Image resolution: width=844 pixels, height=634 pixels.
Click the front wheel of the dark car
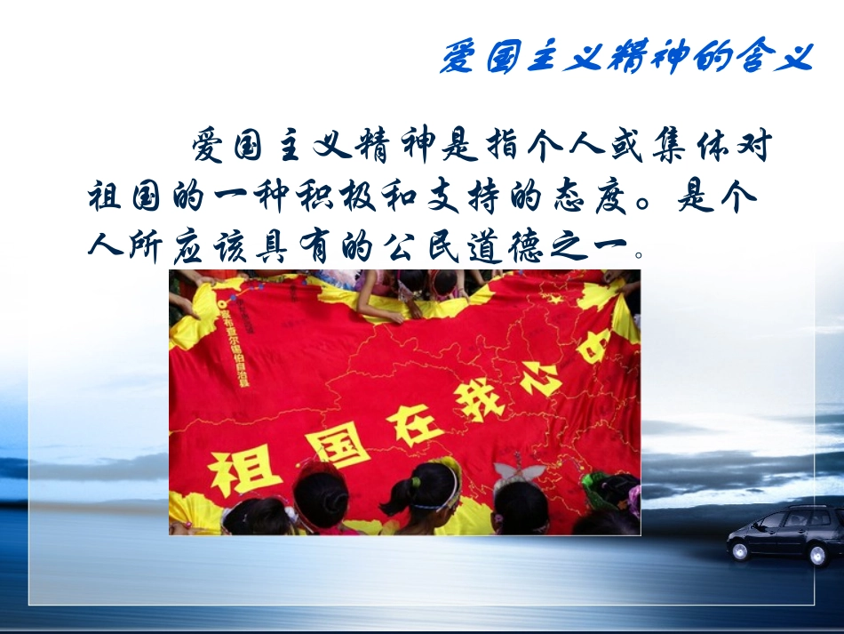(x=739, y=550)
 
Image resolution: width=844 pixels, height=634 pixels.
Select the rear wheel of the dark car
(x=817, y=554)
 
